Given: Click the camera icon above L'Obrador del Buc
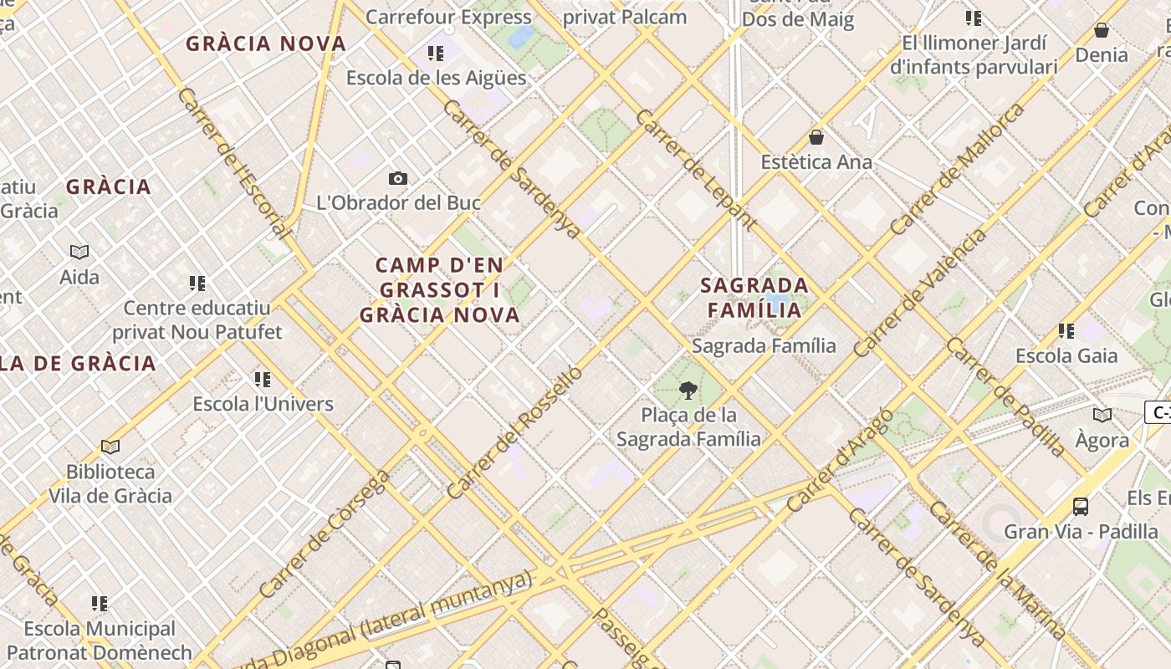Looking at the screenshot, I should [398, 178].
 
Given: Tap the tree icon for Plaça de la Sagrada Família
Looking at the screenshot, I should [688, 390].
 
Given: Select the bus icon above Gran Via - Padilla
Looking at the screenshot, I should [1081, 506].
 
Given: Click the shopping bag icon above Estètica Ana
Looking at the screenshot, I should [816, 137].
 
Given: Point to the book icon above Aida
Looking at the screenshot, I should [79, 252].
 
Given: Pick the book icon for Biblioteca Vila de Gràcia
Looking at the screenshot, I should [110, 447].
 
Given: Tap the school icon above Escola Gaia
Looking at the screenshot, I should [1066, 331].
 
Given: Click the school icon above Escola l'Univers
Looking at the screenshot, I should [263, 380].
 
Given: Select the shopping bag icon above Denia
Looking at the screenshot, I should [1102, 30].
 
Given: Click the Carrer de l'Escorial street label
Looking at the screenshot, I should [235, 164].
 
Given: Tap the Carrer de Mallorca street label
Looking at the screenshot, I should [958, 169].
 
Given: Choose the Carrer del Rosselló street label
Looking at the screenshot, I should [514, 432].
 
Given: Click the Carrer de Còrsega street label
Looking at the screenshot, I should [325, 533].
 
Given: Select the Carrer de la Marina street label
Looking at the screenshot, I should [997, 572].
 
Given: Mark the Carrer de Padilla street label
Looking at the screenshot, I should [1006, 396].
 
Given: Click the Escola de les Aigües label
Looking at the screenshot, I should [436, 78].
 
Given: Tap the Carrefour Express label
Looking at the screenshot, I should [448, 17].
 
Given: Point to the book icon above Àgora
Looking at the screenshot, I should [1102, 416].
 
